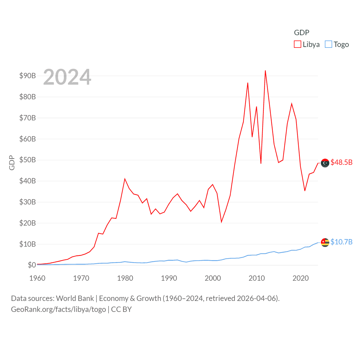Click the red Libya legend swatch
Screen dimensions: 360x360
tap(298, 44)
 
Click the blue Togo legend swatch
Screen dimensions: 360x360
tap(328, 44)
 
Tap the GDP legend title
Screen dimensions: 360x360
tap(301, 33)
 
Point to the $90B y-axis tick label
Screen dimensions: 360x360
tap(28, 76)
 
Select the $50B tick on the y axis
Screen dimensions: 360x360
tap(28, 160)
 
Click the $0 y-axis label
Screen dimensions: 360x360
tap(32, 265)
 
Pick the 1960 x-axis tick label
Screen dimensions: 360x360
tap(37, 278)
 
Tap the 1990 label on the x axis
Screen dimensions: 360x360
tap(169, 278)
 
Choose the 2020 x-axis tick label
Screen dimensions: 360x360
tap(301, 278)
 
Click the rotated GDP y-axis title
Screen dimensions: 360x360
tap(12, 163)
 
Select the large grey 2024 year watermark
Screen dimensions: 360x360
tap(67, 77)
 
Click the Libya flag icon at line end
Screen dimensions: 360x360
tap(325, 163)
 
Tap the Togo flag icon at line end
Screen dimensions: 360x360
tap(325, 242)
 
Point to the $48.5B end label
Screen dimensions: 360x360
tap(341, 162)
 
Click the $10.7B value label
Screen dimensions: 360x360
tap(341, 242)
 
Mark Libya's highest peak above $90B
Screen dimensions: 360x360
tap(265, 71)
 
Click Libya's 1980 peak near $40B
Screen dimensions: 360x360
tap(125, 179)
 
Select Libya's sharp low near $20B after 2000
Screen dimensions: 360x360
tap(221, 222)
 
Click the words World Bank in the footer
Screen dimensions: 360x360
tap(75, 298)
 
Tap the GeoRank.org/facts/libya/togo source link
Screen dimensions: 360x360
tap(58, 309)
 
